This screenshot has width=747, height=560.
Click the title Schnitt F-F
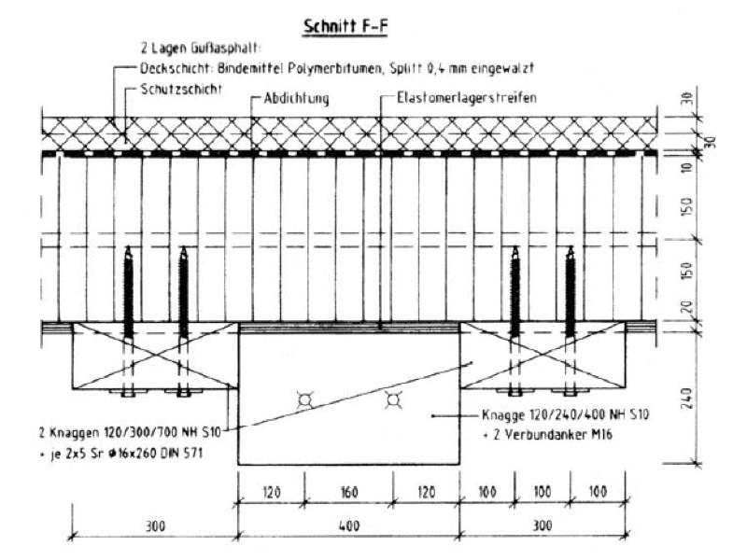point(345,26)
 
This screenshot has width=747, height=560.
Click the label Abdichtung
point(296,99)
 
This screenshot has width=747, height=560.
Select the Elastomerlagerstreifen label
point(467,98)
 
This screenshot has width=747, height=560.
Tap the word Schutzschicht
point(181,89)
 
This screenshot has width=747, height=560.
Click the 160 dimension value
point(349,493)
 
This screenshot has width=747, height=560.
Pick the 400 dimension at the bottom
point(349,526)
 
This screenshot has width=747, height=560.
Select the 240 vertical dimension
point(686,399)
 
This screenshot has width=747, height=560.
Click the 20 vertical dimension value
point(686,307)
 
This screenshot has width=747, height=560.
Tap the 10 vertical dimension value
point(686,167)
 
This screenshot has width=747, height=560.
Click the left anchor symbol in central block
point(305,400)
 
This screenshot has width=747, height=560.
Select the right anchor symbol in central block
point(393,400)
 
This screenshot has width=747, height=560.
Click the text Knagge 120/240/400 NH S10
point(566,414)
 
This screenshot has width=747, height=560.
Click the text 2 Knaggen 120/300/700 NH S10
point(130,432)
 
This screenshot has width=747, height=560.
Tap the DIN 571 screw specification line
point(121,453)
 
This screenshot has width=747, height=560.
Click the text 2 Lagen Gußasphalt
point(201,49)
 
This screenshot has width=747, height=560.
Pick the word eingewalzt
point(502,68)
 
